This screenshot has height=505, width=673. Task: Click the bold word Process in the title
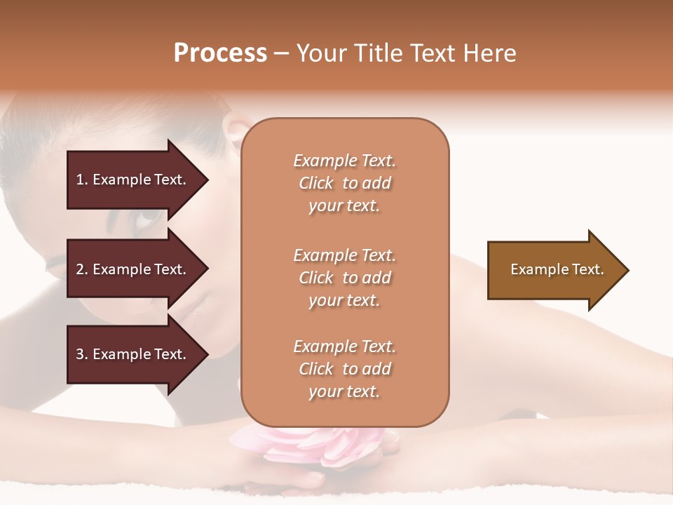pos(220,53)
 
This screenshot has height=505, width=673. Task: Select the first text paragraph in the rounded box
pos(344,183)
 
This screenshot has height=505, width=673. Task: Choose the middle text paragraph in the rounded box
pos(344,278)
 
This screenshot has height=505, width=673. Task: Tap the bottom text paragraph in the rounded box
pos(344,369)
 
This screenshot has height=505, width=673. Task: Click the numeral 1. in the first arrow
pos(82,180)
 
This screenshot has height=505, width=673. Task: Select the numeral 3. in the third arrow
pos(82,354)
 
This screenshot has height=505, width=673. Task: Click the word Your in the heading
pos(320,53)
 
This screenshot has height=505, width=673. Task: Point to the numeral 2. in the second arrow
pos(82,269)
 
